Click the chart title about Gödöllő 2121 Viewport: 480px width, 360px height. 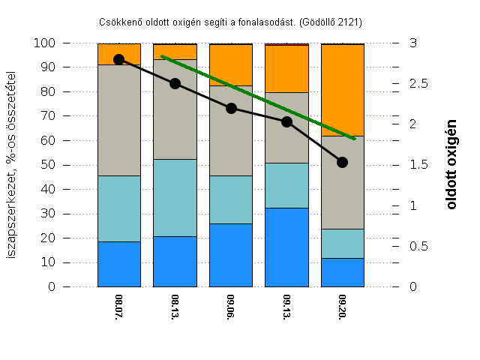pyautogui.click(x=235, y=22)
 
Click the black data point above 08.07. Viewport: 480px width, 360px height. pyautogui.click(x=118, y=59)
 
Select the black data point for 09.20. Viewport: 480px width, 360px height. pyautogui.click(x=343, y=162)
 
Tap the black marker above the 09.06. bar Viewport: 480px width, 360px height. pyautogui.click(x=231, y=108)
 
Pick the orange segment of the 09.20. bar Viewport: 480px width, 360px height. pyautogui.click(x=343, y=90)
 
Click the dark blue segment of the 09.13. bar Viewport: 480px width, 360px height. pyautogui.click(x=286, y=247)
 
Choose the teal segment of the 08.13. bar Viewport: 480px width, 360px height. pyautogui.click(x=175, y=198)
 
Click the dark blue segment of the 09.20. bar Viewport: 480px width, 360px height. pyautogui.click(x=343, y=273)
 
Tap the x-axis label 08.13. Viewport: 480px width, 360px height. pyautogui.click(x=175, y=307)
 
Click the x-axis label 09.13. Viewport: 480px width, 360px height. pyautogui.click(x=286, y=307)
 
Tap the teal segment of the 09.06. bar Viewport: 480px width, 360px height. pyautogui.click(x=231, y=199)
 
